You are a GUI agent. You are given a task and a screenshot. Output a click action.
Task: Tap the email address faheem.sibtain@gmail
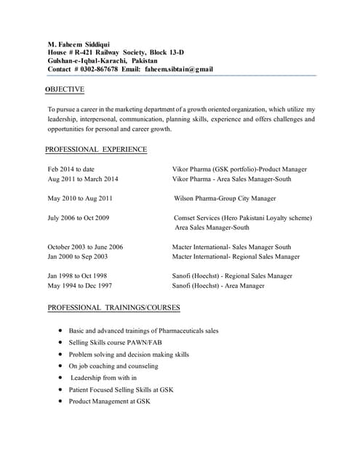179,70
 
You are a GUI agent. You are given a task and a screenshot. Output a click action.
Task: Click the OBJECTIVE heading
65,89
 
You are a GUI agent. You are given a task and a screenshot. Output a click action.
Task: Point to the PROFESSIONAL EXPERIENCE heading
96,150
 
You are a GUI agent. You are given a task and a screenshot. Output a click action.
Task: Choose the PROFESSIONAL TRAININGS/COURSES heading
113,308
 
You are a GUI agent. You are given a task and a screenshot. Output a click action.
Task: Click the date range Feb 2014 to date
71,169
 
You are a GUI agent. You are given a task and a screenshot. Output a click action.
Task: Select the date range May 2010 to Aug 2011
80,198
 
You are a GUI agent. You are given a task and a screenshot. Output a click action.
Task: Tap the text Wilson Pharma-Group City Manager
225,198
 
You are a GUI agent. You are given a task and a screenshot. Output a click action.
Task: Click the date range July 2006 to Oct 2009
79,218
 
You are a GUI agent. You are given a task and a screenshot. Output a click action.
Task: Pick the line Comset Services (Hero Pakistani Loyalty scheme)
243,218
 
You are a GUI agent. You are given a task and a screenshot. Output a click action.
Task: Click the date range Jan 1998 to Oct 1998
77,276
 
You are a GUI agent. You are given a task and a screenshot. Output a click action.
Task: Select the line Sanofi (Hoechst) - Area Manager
218,286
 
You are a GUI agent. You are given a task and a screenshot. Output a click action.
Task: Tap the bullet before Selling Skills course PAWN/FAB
60,342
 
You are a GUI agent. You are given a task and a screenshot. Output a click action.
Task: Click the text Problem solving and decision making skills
129,355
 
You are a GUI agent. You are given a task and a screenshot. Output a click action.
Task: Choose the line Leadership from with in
103,378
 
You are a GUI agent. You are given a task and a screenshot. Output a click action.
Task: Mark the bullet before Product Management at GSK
60,401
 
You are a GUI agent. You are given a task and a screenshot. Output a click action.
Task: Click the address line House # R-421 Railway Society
116,52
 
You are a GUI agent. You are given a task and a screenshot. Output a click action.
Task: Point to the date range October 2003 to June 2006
85,247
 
